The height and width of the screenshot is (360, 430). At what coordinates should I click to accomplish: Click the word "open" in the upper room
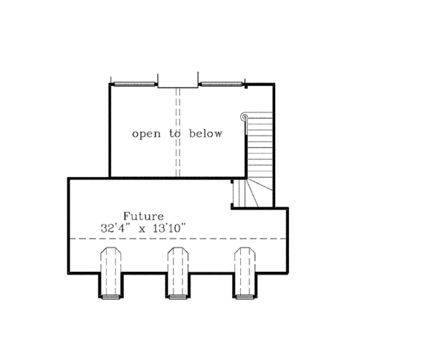(x=146, y=134)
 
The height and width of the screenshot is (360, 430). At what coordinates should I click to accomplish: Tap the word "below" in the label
(x=206, y=134)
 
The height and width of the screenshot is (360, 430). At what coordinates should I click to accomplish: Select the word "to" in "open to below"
(x=175, y=134)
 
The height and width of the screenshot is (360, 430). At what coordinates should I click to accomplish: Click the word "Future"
(x=143, y=216)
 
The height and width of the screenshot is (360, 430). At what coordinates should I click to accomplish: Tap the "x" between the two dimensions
(x=140, y=229)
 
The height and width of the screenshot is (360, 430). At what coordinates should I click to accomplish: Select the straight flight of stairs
(x=260, y=147)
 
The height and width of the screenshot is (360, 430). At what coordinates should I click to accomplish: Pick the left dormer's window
(x=110, y=295)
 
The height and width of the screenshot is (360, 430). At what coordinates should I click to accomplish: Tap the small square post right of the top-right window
(x=247, y=87)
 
